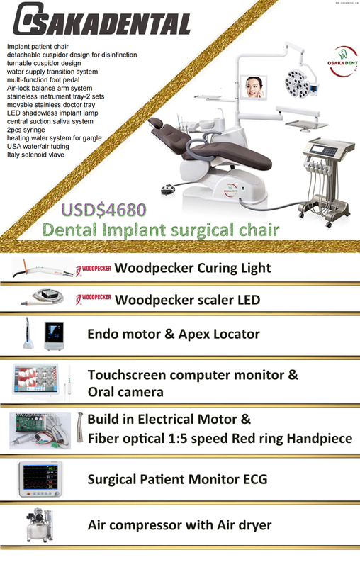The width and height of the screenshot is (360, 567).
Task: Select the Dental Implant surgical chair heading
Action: (159, 230)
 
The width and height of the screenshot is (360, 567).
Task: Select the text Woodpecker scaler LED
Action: (187, 300)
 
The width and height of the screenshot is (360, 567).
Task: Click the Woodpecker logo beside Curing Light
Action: (93, 269)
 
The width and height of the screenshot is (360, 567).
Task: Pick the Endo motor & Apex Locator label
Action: (173, 334)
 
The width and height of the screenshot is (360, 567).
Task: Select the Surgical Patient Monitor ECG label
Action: (177, 480)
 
